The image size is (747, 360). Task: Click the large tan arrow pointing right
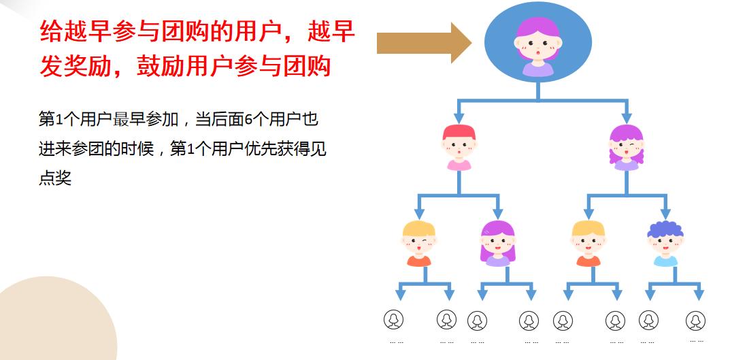(423, 42)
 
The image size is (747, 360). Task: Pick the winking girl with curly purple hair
(626, 147)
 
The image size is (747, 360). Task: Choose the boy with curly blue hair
(665, 243)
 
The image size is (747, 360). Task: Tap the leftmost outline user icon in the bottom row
(393, 319)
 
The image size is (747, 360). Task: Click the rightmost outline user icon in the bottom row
(695, 320)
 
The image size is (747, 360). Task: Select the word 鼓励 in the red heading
(160, 66)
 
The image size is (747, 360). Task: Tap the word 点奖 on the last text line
(55, 178)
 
